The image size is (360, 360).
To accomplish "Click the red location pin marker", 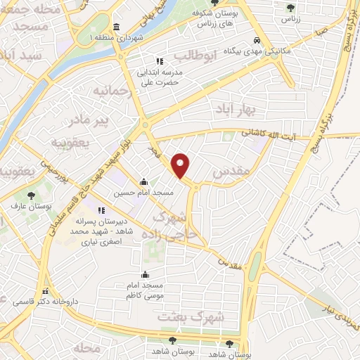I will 181,165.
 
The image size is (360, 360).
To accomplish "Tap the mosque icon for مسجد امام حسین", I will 144,181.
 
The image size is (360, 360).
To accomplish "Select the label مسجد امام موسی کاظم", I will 145,290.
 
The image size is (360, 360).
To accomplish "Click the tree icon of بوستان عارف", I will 30,195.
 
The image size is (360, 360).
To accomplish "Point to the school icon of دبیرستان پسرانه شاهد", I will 101,210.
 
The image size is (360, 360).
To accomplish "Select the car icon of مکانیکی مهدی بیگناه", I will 257,41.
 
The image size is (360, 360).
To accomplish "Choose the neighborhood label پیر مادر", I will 112,120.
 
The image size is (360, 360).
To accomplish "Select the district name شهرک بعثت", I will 190,317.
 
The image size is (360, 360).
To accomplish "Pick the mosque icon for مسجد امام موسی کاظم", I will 145,275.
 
